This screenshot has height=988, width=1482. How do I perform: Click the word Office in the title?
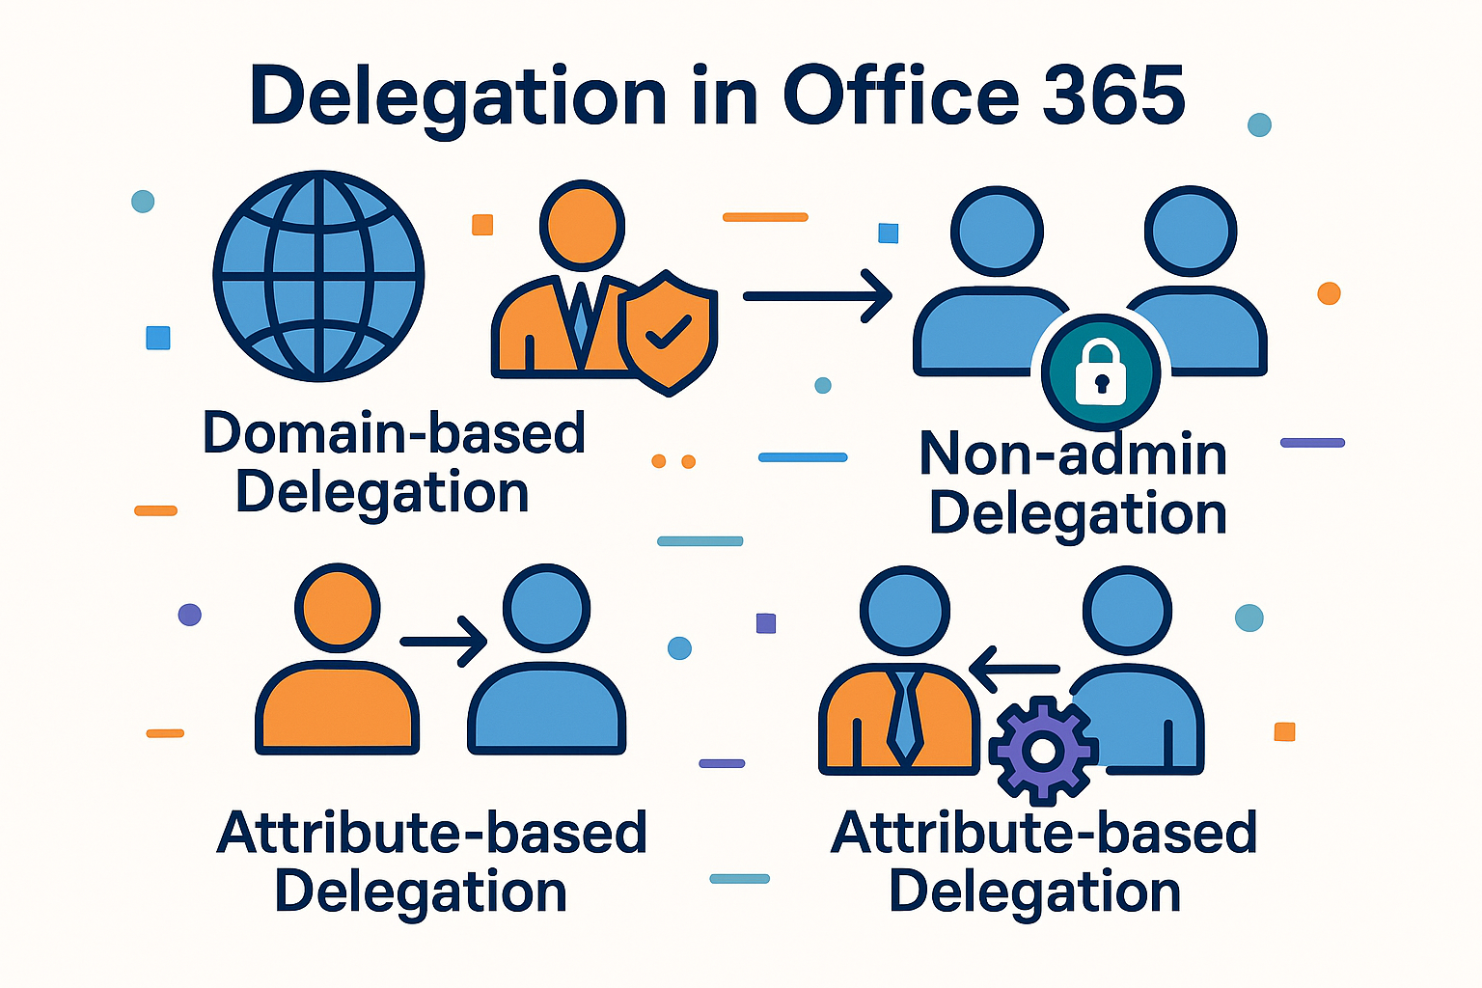[x=900, y=96]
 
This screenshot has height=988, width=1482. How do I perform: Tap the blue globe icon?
[x=318, y=276]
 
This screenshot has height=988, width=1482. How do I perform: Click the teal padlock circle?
[x=1101, y=372]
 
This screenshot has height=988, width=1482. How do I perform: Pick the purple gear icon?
[x=1043, y=751]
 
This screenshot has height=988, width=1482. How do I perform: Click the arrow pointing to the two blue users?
[x=817, y=296]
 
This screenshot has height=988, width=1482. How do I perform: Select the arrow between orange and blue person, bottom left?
[x=443, y=641]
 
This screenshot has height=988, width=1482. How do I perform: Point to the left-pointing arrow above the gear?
[x=1013, y=669]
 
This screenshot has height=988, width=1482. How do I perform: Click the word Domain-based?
[x=394, y=432]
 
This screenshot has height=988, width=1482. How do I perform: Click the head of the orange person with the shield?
[x=582, y=225]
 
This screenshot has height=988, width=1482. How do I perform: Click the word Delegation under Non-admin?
[x=1078, y=513]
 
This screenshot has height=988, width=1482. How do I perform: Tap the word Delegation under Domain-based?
[x=382, y=493]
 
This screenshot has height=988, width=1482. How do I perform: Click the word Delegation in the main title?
[x=457, y=97]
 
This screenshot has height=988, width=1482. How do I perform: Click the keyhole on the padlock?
[x=1101, y=383]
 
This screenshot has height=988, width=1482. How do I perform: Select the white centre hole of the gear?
[x=1043, y=751]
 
